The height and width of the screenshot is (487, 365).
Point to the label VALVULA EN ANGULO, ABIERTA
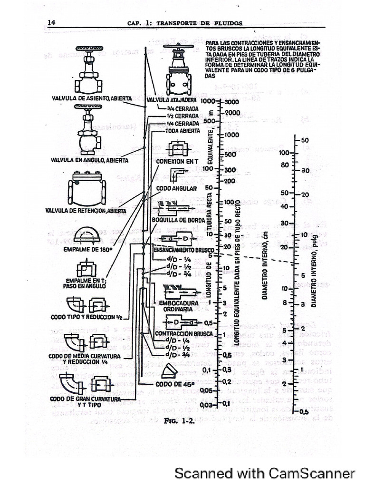89,160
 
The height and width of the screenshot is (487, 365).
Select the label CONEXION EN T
176,161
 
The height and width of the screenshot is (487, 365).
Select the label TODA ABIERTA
182,130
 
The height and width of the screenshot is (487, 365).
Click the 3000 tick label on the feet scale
232,102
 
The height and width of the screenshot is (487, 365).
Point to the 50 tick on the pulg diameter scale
305,140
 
